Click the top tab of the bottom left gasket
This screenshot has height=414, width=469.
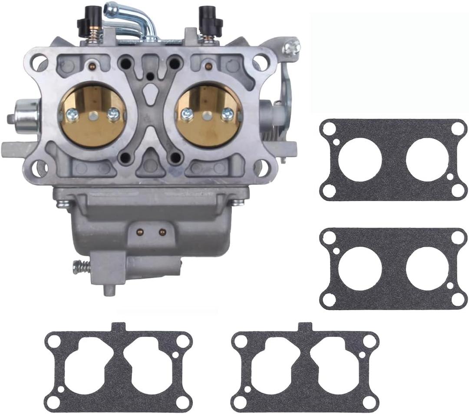119,327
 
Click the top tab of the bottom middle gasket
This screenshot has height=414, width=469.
305,327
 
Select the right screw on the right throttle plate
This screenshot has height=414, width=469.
227,115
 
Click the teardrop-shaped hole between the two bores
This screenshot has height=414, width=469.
150,92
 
